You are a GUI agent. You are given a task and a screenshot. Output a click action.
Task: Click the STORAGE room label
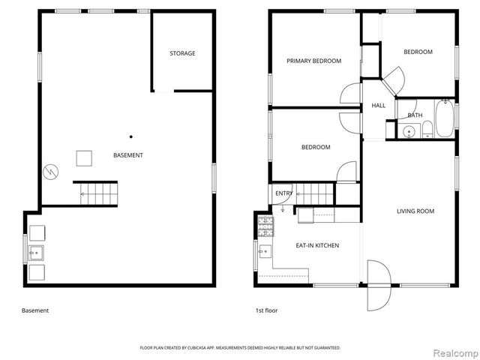click(182, 53)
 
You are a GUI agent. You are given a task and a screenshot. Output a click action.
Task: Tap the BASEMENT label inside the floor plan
click(128, 155)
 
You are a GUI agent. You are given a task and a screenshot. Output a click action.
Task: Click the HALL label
click(379, 106)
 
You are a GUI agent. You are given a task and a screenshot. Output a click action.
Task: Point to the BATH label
click(415, 115)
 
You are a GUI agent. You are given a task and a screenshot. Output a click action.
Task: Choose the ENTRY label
click(284, 193)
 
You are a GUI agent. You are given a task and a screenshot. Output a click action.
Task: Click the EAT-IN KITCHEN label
click(317, 245)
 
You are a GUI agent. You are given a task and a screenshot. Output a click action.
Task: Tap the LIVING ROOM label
click(415, 211)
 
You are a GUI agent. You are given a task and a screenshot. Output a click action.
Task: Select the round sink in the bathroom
click(409, 131)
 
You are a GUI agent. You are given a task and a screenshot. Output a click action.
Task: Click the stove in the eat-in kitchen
click(266, 223)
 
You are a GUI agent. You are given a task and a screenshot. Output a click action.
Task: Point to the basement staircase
click(95, 193)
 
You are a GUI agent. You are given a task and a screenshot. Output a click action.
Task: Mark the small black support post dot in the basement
click(130, 136)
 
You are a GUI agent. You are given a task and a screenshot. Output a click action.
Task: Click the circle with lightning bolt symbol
click(50, 171)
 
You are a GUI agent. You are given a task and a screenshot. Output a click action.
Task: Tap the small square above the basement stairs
click(83, 158)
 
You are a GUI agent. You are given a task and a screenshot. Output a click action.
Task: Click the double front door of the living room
click(379, 285)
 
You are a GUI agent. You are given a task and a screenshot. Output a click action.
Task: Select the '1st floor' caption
click(266, 310)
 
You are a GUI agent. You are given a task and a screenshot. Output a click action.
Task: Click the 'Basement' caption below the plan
click(35, 310)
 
